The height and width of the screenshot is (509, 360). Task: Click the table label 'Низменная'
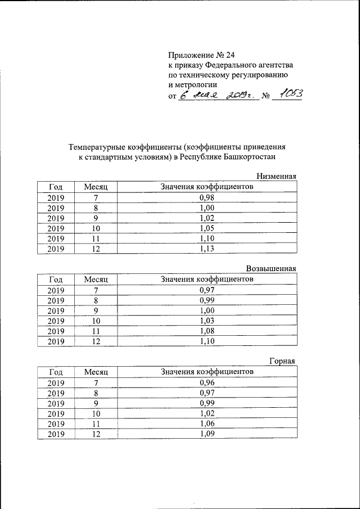tap(276, 177)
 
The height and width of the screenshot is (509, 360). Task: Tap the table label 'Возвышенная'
tap(271, 268)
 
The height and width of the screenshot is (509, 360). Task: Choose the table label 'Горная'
tap(282, 361)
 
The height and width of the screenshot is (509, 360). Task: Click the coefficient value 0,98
tap(208, 198)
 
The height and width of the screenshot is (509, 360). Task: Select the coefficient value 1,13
tap(208, 249)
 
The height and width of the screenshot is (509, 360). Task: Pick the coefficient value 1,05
tap(208, 228)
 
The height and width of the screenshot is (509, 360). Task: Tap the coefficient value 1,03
tap(208, 321)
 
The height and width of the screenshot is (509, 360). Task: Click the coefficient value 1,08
tap(208, 331)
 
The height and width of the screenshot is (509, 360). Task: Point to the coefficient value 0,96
tap(208, 382)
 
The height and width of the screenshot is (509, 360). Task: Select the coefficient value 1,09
tap(208, 433)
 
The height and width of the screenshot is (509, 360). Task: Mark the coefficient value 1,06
tap(208, 423)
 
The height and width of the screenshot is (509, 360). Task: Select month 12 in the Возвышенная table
tap(96, 341)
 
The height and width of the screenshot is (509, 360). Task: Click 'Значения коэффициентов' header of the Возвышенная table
tap(208, 279)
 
